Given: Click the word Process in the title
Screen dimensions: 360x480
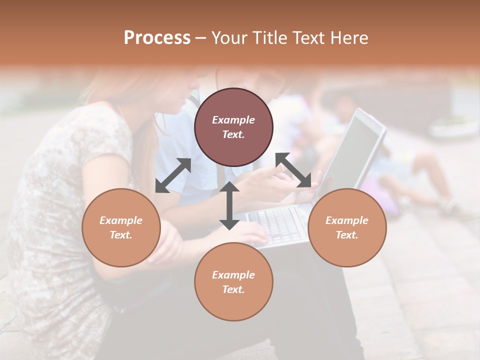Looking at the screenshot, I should point(157,38).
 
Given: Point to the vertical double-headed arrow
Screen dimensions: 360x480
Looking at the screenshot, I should point(229,205).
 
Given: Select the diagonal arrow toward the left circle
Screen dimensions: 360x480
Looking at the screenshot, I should point(173,175).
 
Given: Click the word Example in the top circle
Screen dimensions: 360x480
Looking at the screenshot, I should point(233,120).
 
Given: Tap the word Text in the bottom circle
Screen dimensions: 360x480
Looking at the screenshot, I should point(233,289).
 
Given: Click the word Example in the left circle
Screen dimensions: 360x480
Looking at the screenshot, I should point(121,220).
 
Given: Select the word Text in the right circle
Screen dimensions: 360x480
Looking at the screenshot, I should point(347,235).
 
